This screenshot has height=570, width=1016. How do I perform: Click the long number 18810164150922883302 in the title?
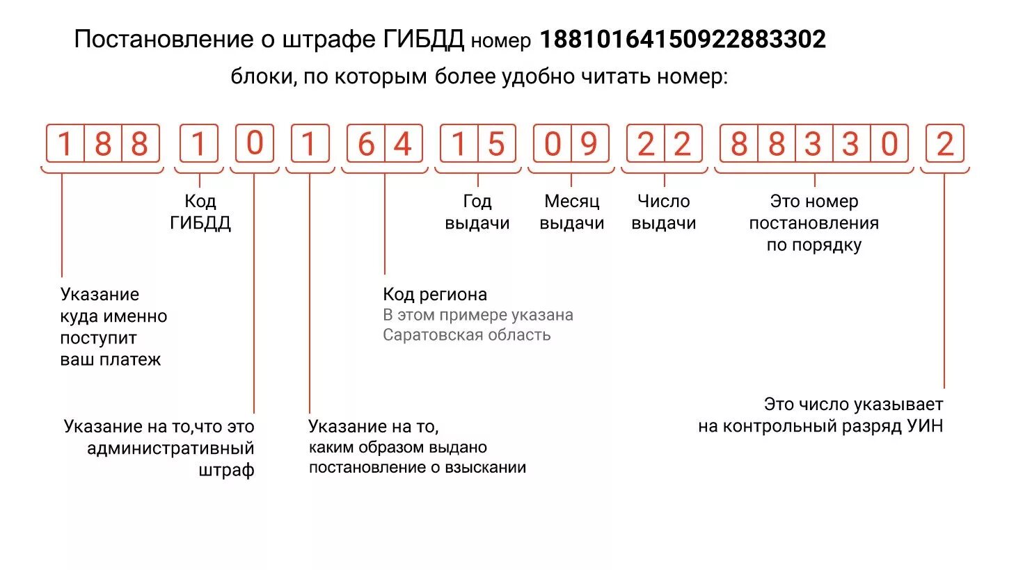tap(683, 40)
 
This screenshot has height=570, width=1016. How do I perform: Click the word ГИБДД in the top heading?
tap(423, 40)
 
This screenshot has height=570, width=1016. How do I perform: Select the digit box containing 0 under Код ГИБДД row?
tap(255, 144)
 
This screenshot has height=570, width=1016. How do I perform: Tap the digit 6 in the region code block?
tap(366, 145)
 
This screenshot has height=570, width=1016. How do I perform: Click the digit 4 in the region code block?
tap(403, 145)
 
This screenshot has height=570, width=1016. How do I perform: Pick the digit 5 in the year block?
tap(495, 145)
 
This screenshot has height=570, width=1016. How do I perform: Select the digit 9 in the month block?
tap(589, 145)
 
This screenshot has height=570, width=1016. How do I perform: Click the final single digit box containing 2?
tap(944, 145)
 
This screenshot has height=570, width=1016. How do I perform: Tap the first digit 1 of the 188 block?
tap(65, 145)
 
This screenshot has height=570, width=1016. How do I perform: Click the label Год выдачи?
tap(477, 212)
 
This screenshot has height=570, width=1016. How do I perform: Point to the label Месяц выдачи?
tap(571, 212)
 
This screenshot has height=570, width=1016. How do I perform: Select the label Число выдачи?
tap(664, 212)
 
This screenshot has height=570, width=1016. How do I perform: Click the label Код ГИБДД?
tap(200, 212)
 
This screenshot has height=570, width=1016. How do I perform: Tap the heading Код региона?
tap(435, 294)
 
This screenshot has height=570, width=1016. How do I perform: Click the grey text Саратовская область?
tap(466, 335)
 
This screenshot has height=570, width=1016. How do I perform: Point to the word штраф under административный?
tap(226, 471)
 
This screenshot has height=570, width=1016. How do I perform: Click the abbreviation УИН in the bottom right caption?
tap(925, 426)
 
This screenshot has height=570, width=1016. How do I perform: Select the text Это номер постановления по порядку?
tap(813, 222)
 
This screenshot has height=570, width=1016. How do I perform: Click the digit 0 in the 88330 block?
tap(889, 145)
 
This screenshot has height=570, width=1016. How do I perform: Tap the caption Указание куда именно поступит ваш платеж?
tap(113, 327)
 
